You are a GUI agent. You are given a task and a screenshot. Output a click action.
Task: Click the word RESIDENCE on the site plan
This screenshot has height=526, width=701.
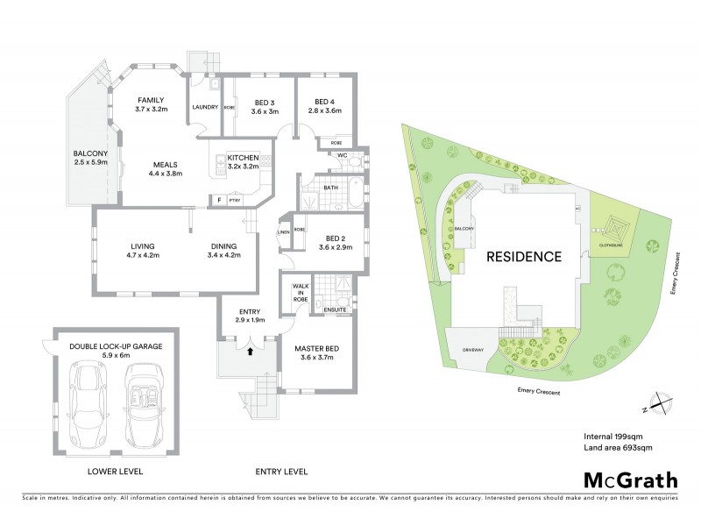point(524,257)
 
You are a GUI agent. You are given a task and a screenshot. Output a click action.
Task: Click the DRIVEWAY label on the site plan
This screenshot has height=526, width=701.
point(472,351)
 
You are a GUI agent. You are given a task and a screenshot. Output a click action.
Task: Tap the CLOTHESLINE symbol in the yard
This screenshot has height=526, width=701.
point(612,230)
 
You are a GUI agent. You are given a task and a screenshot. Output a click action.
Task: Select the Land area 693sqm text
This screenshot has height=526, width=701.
point(618,448)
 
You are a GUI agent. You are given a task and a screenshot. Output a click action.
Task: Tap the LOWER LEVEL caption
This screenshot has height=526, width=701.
point(115,472)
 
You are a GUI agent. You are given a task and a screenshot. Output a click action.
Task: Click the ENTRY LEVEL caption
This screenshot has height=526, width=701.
point(280,472)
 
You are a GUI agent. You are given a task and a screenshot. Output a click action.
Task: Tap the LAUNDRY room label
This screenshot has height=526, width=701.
point(206,109)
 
